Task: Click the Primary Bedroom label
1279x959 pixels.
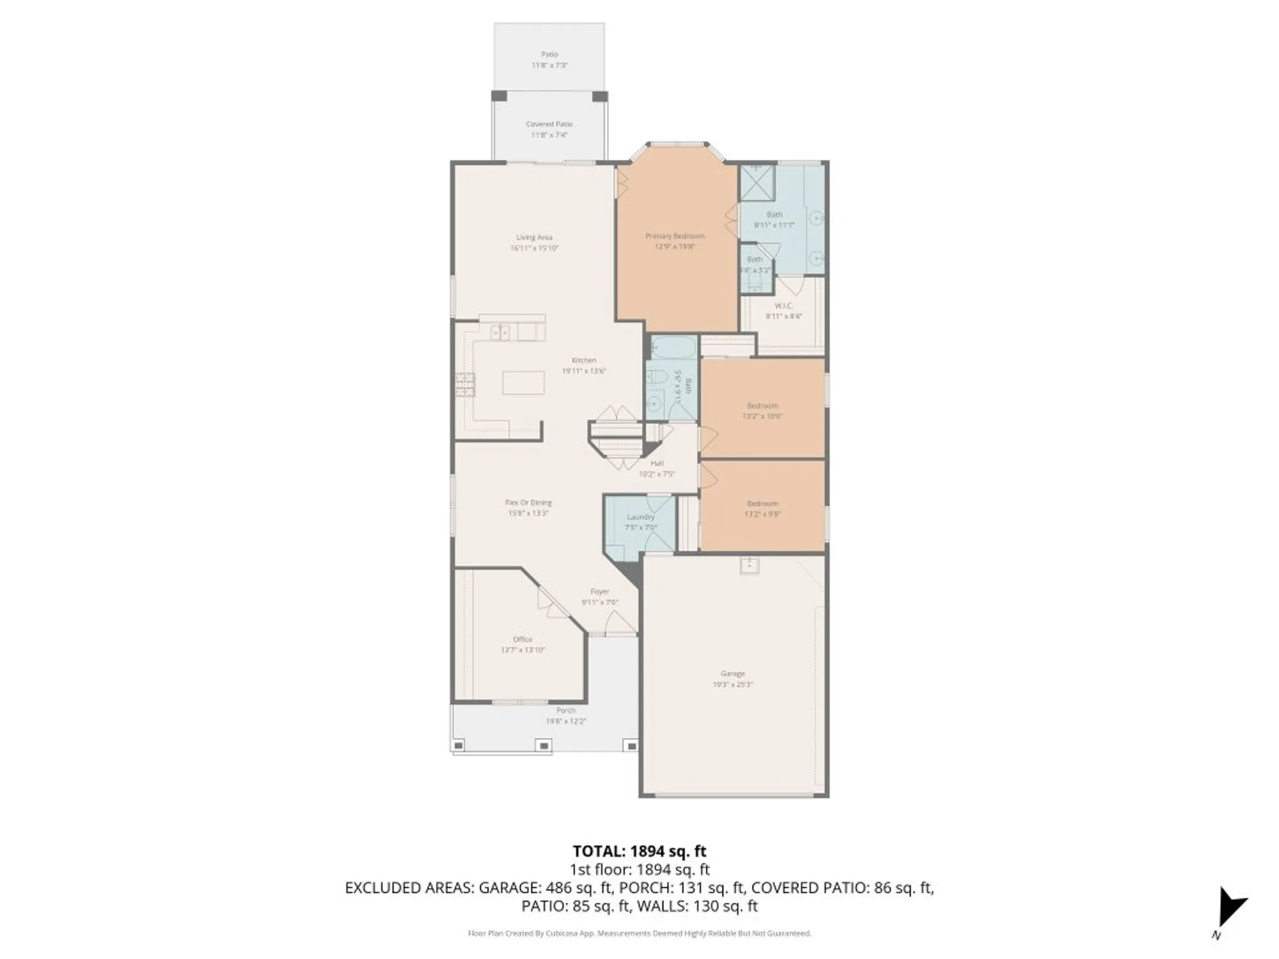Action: [x=675, y=237]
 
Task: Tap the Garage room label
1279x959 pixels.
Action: [x=732, y=674]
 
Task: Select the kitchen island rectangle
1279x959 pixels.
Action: [x=523, y=383]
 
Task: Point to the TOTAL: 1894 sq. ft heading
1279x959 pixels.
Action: [x=639, y=851]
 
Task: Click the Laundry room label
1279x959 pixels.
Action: [x=640, y=517]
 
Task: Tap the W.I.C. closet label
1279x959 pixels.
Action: [x=783, y=306]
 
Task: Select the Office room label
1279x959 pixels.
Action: [x=522, y=639]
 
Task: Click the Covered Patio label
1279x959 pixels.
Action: [x=549, y=124]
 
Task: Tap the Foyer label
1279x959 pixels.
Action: [x=600, y=592]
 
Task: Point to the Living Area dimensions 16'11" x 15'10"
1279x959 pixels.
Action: [x=534, y=248]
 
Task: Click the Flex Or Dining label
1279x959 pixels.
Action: [x=528, y=503]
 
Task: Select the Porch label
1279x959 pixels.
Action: [x=565, y=710]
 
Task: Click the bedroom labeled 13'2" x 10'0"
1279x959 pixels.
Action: [x=762, y=410]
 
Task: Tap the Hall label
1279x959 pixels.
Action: [x=657, y=464]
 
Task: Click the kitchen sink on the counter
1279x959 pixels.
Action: [x=499, y=332]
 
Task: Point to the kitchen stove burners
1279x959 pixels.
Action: [x=465, y=384]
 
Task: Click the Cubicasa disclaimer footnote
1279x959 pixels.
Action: [x=639, y=933]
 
